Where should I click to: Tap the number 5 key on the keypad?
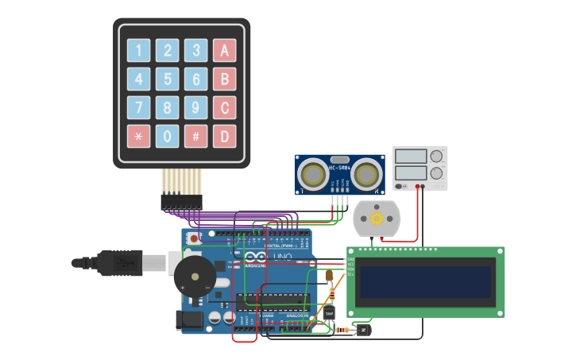coord(168,79)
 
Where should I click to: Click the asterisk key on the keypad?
coord(139,137)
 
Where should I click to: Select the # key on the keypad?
coord(196,137)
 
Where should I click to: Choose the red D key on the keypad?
coord(225,137)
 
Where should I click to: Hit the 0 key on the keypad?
coord(168,137)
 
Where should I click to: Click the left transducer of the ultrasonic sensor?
coord(313,172)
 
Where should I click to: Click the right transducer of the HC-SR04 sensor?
coord(367,172)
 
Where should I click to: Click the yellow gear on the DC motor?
coord(377,219)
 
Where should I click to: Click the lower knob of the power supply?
coord(436,172)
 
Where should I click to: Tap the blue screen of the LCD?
coord(425,282)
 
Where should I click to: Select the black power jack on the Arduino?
coord(187,320)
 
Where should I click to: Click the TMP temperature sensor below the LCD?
coord(329,314)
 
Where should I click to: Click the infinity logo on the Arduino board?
coord(256,257)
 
